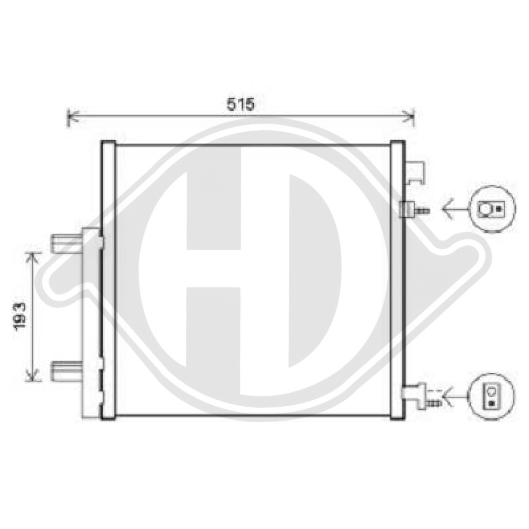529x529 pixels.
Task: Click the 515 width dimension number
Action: pyautogui.click(x=241, y=104)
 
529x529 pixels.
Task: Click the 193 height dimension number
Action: pyautogui.click(x=20, y=317)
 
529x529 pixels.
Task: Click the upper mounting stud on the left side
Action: pyautogui.click(x=65, y=243)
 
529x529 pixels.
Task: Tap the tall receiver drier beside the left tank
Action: pyautogui.click(x=90, y=323)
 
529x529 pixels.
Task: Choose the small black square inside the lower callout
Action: pyautogui.click(x=492, y=403)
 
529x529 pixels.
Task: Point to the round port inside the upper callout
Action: pyautogui.click(x=485, y=210)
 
